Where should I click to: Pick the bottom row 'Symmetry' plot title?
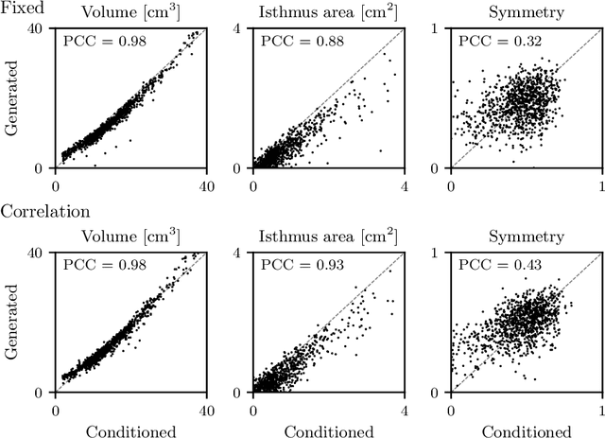(x=527, y=237)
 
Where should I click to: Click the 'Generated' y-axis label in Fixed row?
(x=14, y=97)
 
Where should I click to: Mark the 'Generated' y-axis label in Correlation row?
(x=14, y=322)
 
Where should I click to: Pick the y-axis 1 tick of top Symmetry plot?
(x=441, y=28)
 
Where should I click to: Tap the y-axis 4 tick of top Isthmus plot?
(x=244, y=28)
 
